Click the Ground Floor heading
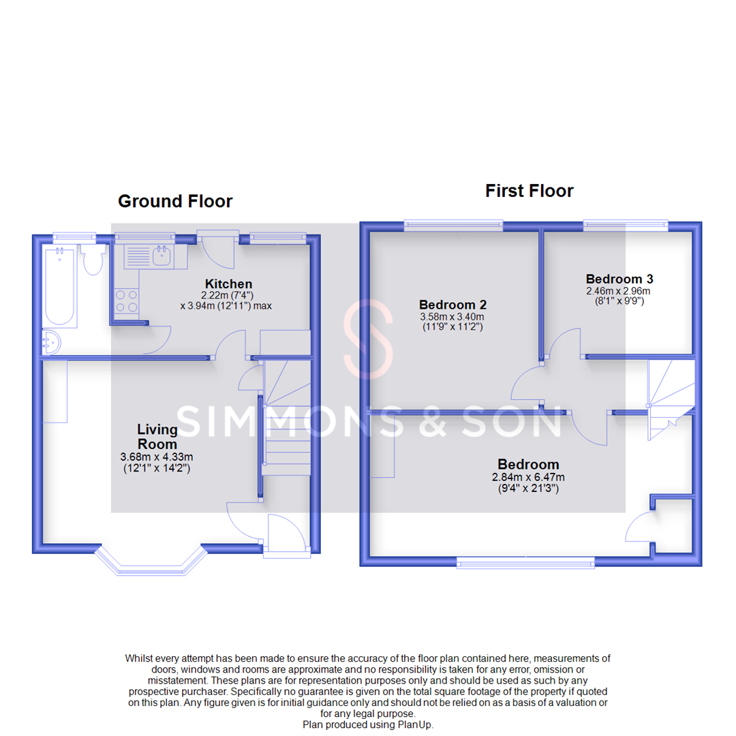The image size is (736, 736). point(175,202)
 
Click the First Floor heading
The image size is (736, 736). point(529,191)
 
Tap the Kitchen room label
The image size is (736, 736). point(229,283)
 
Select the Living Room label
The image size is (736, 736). point(157,436)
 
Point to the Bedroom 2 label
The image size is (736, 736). point(453,304)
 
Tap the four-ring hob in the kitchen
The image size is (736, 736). point(125,301)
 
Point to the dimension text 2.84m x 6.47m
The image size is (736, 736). point(528,477)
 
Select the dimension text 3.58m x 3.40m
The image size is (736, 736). point(453,316)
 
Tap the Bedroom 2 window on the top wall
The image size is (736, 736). point(453,224)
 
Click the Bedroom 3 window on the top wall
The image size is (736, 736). point(626,224)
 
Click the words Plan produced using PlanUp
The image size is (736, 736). point(367,724)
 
